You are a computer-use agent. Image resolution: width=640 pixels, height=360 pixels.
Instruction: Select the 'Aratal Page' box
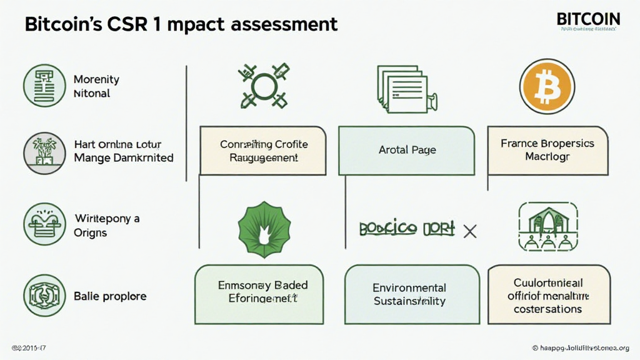pyautogui.click(x=407, y=150)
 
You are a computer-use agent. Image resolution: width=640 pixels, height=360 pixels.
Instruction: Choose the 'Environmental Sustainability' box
pyautogui.click(x=409, y=294)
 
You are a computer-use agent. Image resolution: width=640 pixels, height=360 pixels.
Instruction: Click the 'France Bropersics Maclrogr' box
pyautogui.click(x=547, y=149)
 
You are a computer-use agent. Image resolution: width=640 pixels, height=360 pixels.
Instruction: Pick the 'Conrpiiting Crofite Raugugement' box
pyautogui.click(x=264, y=151)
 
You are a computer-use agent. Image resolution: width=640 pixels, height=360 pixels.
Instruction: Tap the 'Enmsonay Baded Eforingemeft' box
pyautogui.click(x=259, y=294)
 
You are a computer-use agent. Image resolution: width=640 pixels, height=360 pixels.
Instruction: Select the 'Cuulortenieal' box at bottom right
pyautogui.click(x=548, y=294)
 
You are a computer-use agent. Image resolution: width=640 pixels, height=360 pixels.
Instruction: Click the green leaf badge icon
pyautogui.click(x=258, y=229)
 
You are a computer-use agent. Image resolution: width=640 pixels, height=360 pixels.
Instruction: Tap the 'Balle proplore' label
pyautogui.click(x=110, y=295)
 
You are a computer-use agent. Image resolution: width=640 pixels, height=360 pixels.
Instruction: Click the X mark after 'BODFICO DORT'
pyautogui.click(x=469, y=231)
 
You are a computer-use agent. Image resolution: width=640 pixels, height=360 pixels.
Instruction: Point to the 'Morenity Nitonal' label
pyautogui.click(x=96, y=86)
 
